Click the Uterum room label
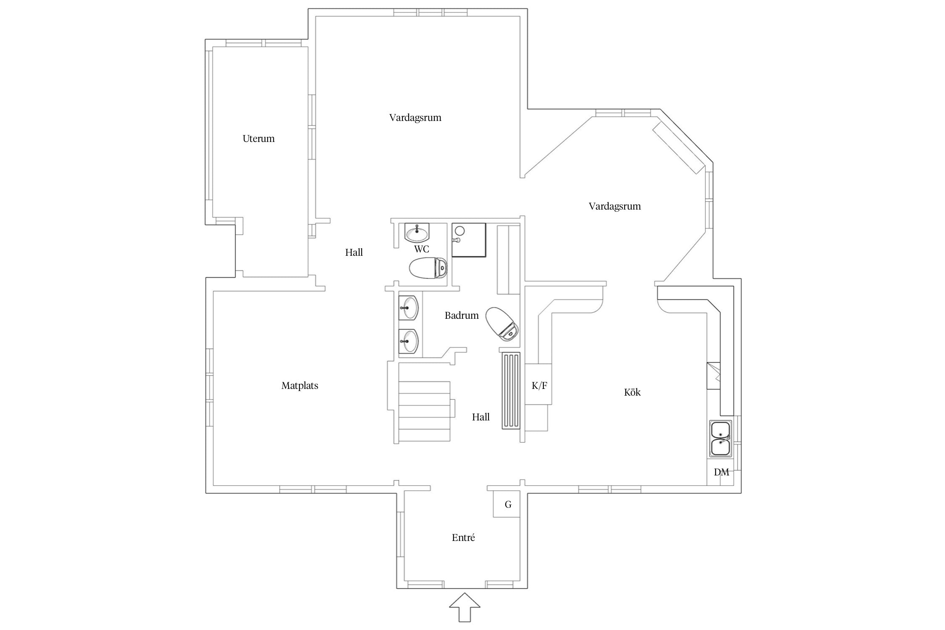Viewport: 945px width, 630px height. tap(258, 139)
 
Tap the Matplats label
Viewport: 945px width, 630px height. tap(300, 386)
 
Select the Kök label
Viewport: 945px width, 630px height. tap(632, 392)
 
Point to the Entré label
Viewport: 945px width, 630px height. tap(463, 538)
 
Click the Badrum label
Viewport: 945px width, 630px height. tap(462, 315)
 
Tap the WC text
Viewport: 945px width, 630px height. tap(422, 249)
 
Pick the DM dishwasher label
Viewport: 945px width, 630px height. tap(721, 472)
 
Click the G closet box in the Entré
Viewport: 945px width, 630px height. tap(507, 504)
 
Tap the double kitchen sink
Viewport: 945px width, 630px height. tap(720, 438)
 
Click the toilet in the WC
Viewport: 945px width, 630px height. tap(428, 268)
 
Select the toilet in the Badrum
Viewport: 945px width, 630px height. tap(502, 324)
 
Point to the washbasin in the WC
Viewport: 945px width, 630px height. tap(417, 232)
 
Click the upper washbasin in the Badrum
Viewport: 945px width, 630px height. tap(408, 308)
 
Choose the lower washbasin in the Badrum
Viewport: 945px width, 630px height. tap(408, 341)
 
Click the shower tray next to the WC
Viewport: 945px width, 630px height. tap(469, 240)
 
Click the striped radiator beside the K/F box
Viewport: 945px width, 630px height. tap(511, 391)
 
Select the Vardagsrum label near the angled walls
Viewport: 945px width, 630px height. tap(614, 206)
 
